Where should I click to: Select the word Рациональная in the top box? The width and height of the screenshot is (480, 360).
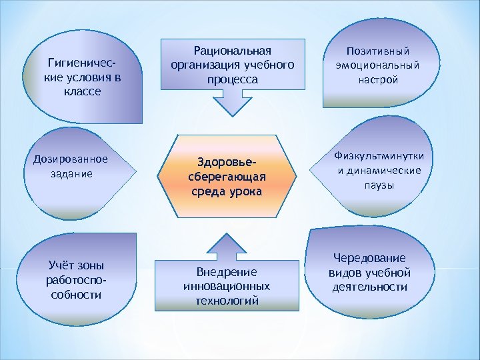[233, 51]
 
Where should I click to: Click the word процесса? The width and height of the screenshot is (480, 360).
[233, 79]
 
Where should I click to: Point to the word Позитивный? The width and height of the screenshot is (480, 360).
[377, 51]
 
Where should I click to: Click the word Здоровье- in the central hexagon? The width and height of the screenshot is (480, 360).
[226, 162]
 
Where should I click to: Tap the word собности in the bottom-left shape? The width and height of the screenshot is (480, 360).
[76, 294]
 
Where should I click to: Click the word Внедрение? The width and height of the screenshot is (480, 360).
[226, 273]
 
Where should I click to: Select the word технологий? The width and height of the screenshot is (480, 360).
[226, 301]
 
